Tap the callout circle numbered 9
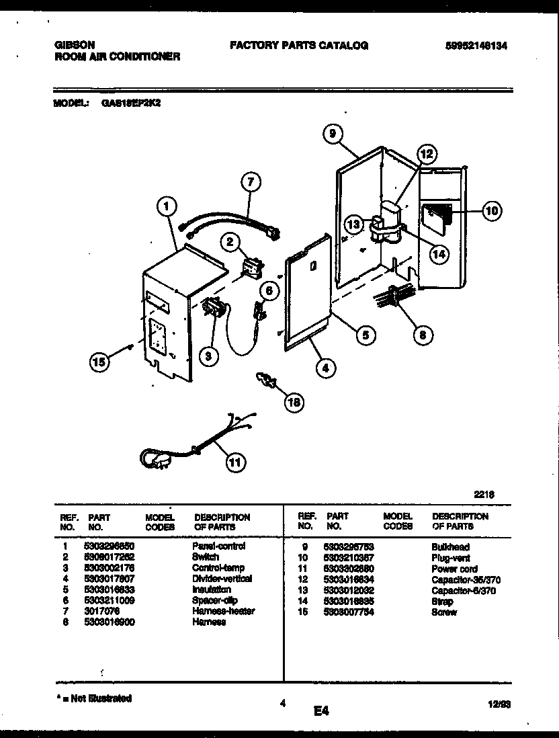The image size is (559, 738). point(331,134)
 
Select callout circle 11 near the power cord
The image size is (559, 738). point(234,462)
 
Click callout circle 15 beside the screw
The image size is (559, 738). point(99,362)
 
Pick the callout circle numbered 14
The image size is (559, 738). point(439,254)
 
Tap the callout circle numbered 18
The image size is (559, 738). point(293,402)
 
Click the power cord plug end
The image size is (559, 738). point(155,460)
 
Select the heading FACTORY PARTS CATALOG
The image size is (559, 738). point(298,46)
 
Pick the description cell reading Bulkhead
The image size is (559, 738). point(450,547)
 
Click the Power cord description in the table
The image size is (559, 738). point(454,569)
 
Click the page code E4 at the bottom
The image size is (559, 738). point(320,710)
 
